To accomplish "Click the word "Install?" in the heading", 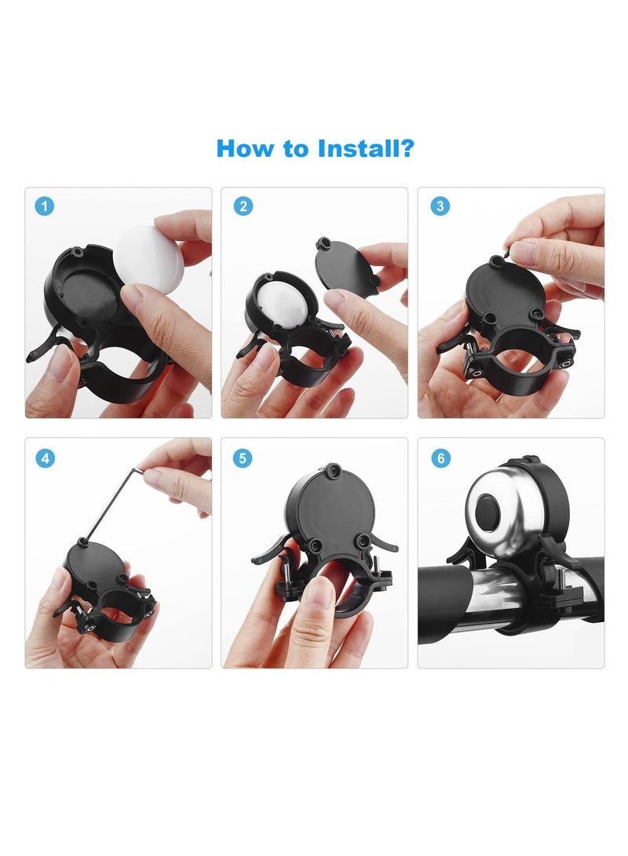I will (366, 148).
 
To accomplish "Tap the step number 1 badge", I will (46, 206).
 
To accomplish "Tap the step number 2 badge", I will (243, 206).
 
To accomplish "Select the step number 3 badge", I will (440, 206).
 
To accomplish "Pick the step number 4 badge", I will (46, 457).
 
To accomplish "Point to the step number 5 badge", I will (243, 457).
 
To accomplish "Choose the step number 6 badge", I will (440, 457).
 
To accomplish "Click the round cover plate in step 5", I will (330, 510).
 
